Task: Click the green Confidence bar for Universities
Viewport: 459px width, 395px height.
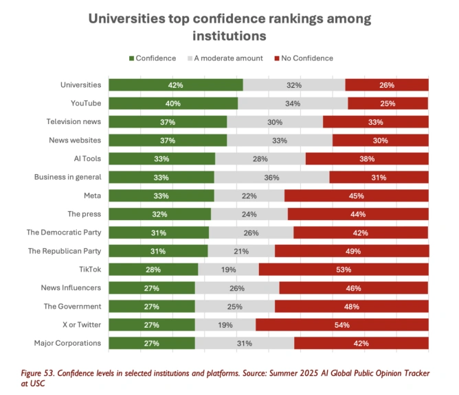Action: [176, 85]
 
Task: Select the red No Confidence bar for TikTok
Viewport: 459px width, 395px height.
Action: [344, 270]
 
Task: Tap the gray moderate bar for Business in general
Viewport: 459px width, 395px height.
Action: [271, 177]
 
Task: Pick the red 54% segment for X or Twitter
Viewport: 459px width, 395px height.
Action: [342, 324]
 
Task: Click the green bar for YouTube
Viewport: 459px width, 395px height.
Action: [173, 104]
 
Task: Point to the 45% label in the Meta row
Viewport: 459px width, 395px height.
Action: [356, 195]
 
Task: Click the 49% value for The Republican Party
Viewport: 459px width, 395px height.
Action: [352, 251]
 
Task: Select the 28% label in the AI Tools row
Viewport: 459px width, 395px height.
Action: [260, 158]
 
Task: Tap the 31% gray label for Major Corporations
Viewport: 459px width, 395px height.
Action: [244, 343]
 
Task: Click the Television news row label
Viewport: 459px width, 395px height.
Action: [74, 121]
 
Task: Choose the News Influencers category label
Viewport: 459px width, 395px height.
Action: [71, 287]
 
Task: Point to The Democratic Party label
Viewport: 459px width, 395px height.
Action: [64, 232]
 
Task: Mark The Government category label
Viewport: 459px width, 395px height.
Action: [73, 306]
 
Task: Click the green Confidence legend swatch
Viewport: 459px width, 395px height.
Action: [130, 58]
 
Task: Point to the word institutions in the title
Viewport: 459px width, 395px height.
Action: [229, 34]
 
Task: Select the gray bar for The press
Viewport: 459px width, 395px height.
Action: [249, 214]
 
